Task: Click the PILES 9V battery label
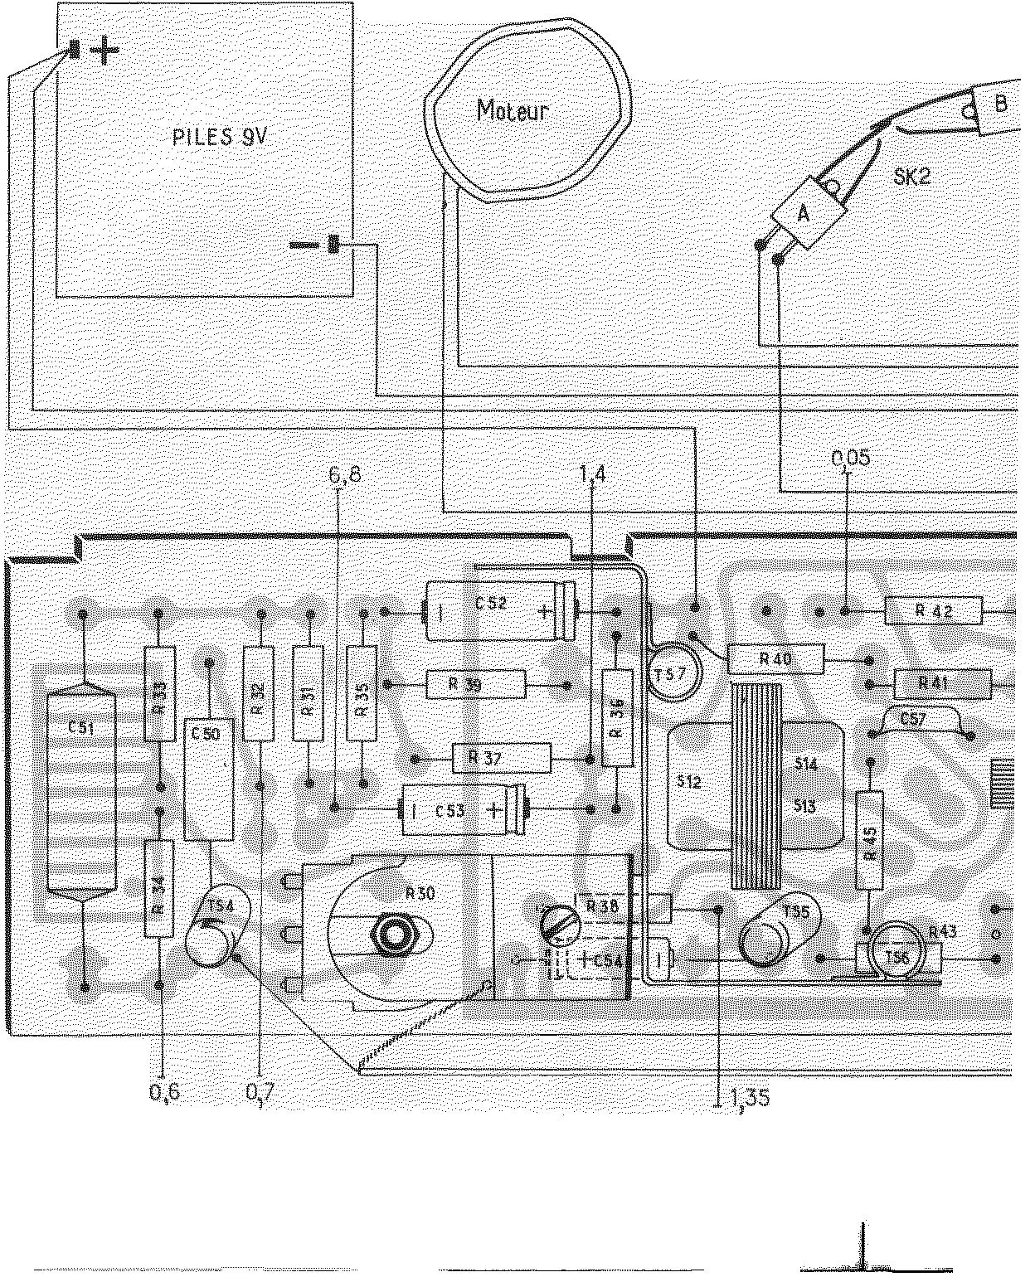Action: (220, 138)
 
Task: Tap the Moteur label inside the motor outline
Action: (512, 111)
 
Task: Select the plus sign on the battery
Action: (104, 52)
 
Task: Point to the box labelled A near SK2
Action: (803, 214)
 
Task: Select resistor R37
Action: (502, 757)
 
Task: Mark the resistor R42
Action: (934, 611)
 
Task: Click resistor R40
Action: (775, 660)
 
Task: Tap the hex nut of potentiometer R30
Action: (395, 934)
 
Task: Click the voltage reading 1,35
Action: (750, 1098)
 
